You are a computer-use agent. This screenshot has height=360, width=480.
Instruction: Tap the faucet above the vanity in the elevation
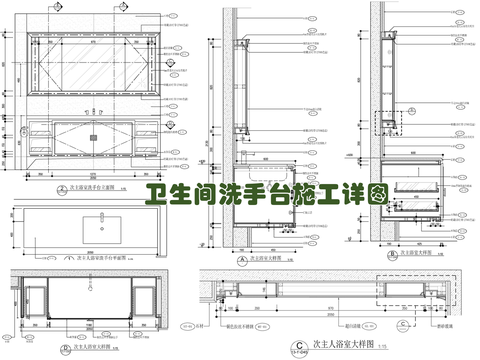(93, 113)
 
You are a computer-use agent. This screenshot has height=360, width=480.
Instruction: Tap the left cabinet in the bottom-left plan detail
(37, 298)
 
